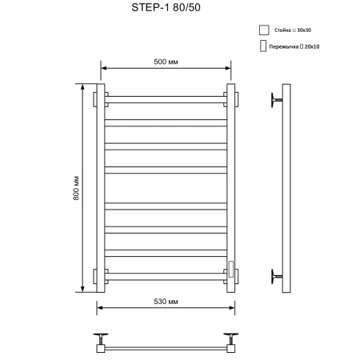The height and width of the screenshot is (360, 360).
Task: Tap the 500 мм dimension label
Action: (x=166, y=62)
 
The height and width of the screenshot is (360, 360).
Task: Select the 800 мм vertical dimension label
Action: (x=76, y=187)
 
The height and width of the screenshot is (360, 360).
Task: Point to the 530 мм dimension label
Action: (x=166, y=299)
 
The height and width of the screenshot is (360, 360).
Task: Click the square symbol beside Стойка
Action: (x=263, y=30)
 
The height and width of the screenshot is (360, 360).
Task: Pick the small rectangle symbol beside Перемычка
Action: (x=263, y=47)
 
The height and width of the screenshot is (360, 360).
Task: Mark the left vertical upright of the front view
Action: (x=101, y=187)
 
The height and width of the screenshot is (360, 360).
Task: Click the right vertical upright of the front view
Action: (x=230, y=187)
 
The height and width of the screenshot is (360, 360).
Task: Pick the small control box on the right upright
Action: (x=230, y=266)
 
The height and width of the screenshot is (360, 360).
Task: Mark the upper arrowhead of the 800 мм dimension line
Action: (x=83, y=86)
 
